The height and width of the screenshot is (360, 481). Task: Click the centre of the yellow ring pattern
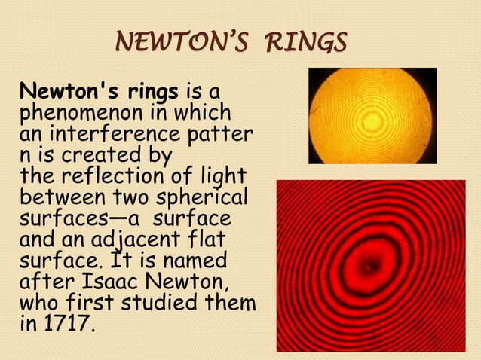[371, 117]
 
